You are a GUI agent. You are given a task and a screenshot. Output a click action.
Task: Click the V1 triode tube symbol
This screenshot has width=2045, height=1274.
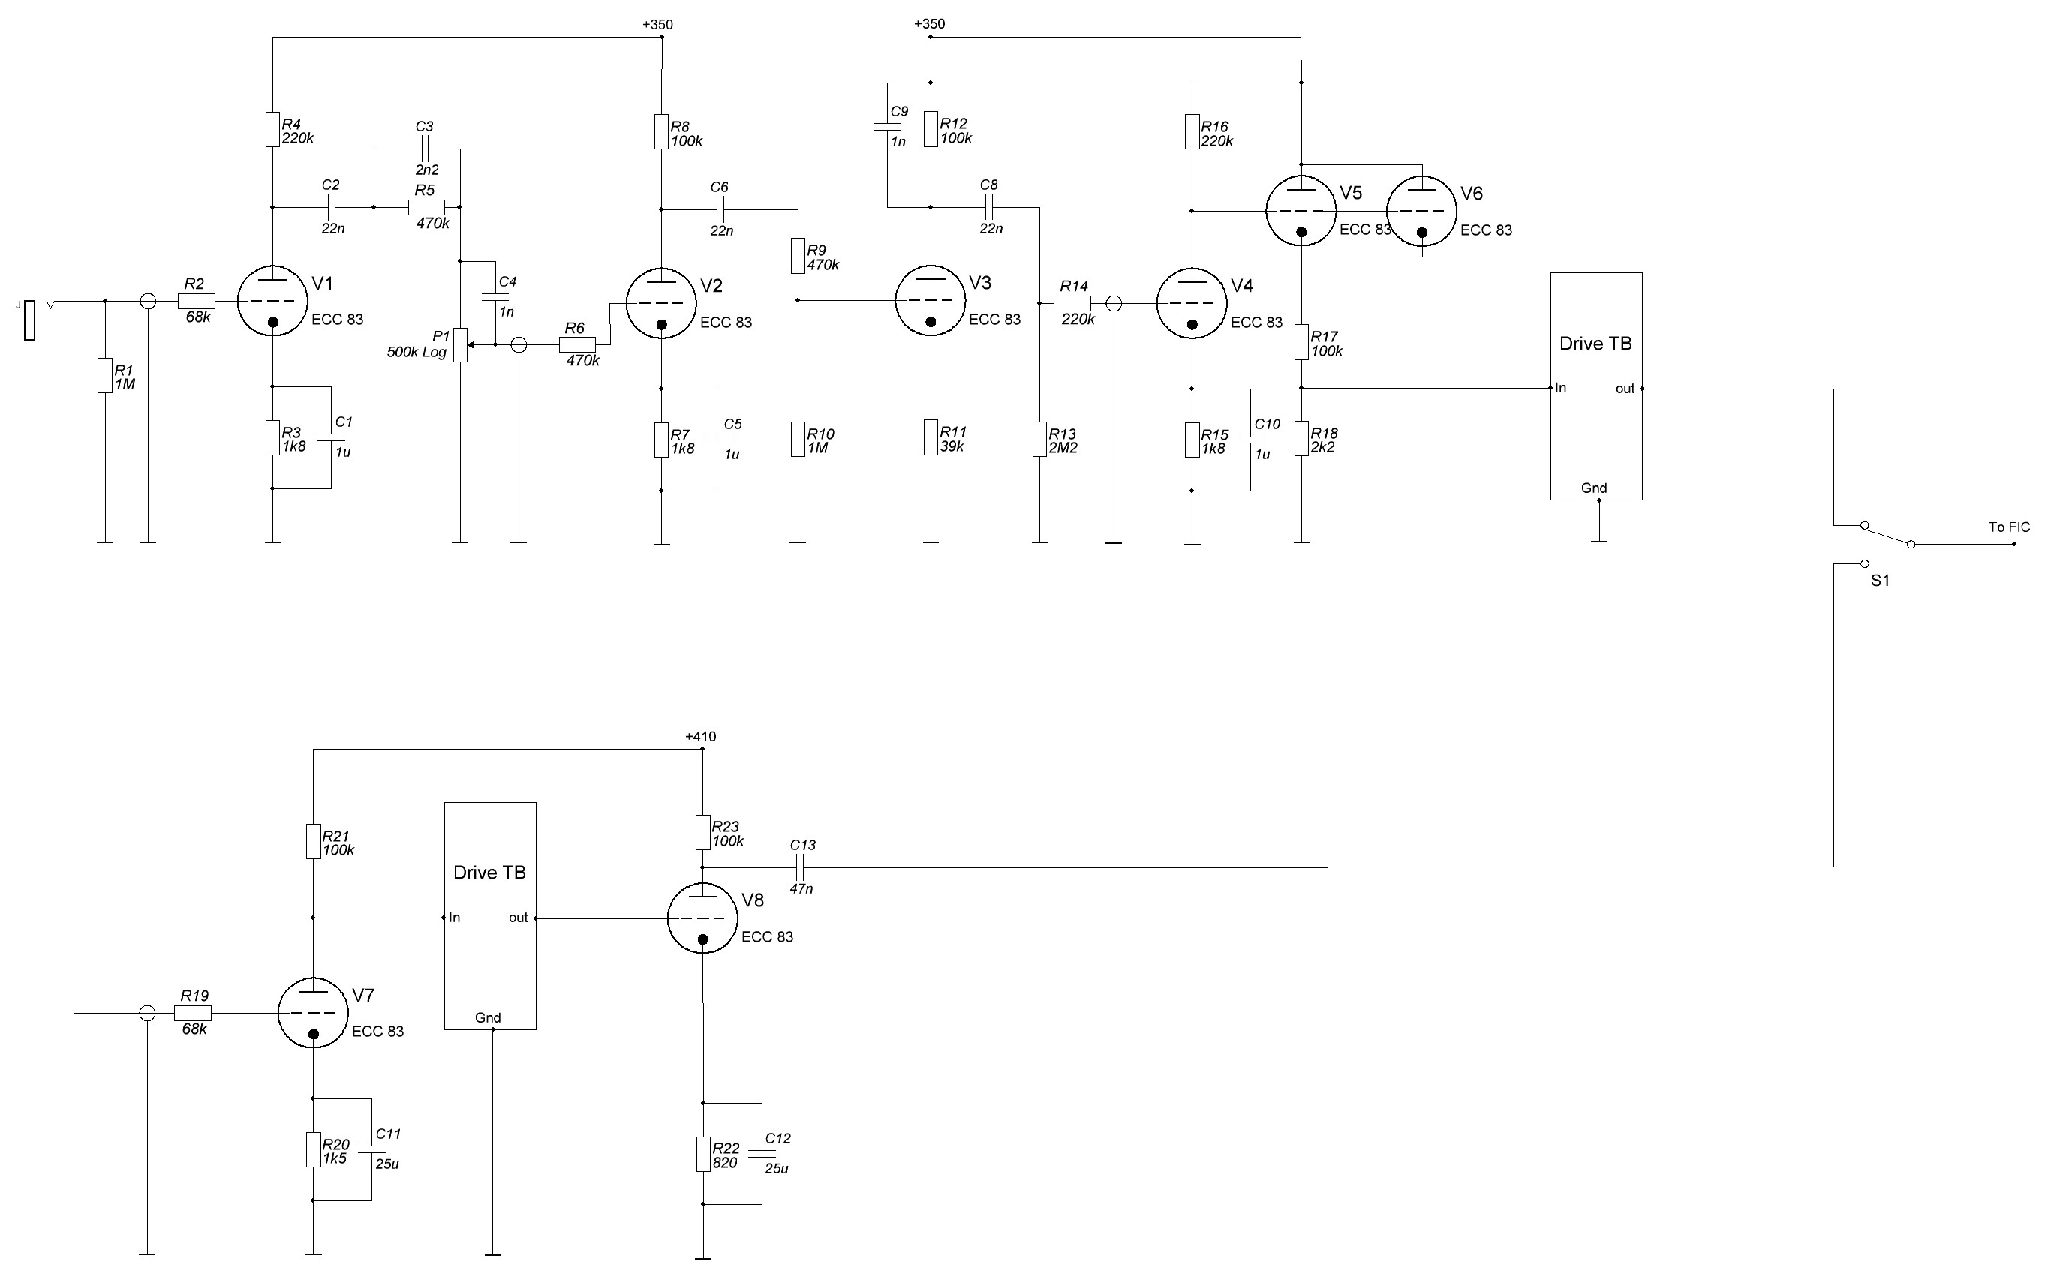coord(272,301)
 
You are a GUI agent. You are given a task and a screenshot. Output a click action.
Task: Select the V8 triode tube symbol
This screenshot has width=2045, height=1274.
coord(702,918)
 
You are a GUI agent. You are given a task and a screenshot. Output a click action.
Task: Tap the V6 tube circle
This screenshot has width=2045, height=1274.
coord(1421,211)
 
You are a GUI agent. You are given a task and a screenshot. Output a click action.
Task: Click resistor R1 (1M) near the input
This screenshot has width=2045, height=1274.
coord(104,376)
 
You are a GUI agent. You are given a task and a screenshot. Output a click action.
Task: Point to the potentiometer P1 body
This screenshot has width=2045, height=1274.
coord(460,344)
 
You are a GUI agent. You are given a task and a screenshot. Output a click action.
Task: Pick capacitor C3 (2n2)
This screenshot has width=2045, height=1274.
coord(425,149)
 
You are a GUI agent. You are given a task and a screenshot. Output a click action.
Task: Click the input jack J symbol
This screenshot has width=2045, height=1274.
coord(29,320)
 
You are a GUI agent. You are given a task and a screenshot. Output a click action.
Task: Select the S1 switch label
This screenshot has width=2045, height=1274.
coord(1880,581)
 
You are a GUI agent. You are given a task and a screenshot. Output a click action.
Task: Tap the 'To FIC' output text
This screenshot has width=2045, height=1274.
coord(2009,527)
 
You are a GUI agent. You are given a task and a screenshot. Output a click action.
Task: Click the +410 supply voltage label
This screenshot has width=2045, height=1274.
coord(700,737)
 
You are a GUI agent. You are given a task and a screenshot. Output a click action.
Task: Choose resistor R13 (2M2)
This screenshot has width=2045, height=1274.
coord(1040,440)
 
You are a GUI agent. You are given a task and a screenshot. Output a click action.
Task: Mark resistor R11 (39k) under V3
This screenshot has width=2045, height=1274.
coord(931,438)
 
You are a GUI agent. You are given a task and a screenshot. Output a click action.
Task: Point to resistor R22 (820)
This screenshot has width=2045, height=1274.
coord(702,1155)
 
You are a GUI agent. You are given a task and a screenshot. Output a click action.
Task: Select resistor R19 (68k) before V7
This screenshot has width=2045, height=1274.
coord(194,1013)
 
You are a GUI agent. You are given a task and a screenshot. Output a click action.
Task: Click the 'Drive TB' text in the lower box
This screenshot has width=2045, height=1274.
coord(489,873)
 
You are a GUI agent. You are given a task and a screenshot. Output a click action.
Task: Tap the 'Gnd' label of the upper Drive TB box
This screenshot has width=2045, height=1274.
coord(1593,488)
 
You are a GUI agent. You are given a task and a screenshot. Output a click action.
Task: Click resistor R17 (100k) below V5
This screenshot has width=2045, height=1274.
coord(1301,343)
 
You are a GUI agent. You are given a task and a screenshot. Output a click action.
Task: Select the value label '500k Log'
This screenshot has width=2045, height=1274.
coord(417,352)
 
